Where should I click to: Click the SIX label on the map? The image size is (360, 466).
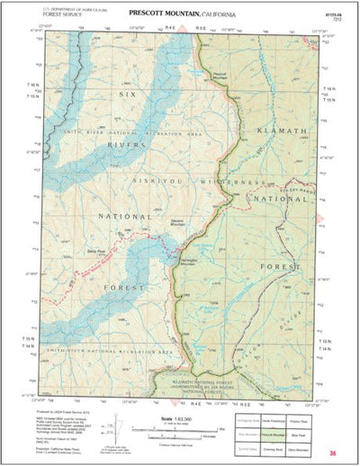pos(127,94)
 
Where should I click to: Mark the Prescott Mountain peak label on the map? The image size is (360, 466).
pos(224,76)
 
